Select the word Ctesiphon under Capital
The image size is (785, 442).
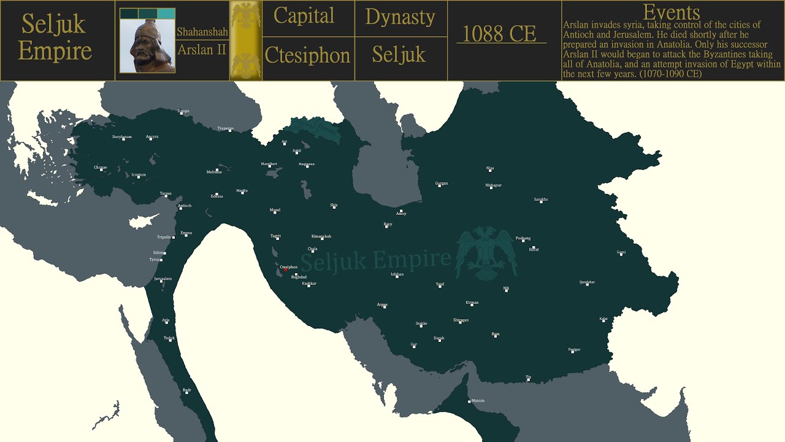pyautogui.click(x=307, y=56)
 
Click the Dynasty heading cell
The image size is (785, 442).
pyautogui.click(x=400, y=17)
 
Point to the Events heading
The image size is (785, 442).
pyautogui.click(x=671, y=12)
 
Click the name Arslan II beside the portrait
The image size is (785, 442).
pyautogui.click(x=202, y=50)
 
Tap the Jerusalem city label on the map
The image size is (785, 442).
pyautogui.click(x=163, y=279)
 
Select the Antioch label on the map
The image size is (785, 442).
pyautogui.click(x=184, y=206)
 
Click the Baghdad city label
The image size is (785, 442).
pyautogui.click(x=299, y=277)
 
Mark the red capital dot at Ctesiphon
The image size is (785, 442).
pyautogui.click(x=285, y=270)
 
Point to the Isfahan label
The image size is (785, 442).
pyautogui.click(x=397, y=274)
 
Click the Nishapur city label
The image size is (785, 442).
pyautogui.click(x=493, y=185)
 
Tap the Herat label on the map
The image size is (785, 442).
pyautogui.click(x=534, y=249)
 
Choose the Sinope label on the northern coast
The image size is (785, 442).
pyautogui.click(x=183, y=111)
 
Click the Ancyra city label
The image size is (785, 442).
pyautogui.click(x=152, y=136)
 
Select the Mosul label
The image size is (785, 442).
pyautogui.click(x=275, y=210)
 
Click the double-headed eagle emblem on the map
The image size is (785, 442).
pyautogui.click(x=486, y=253)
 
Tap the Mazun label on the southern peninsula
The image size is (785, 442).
pyautogui.click(x=477, y=400)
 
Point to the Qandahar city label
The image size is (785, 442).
pyautogui.click(x=587, y=282)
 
